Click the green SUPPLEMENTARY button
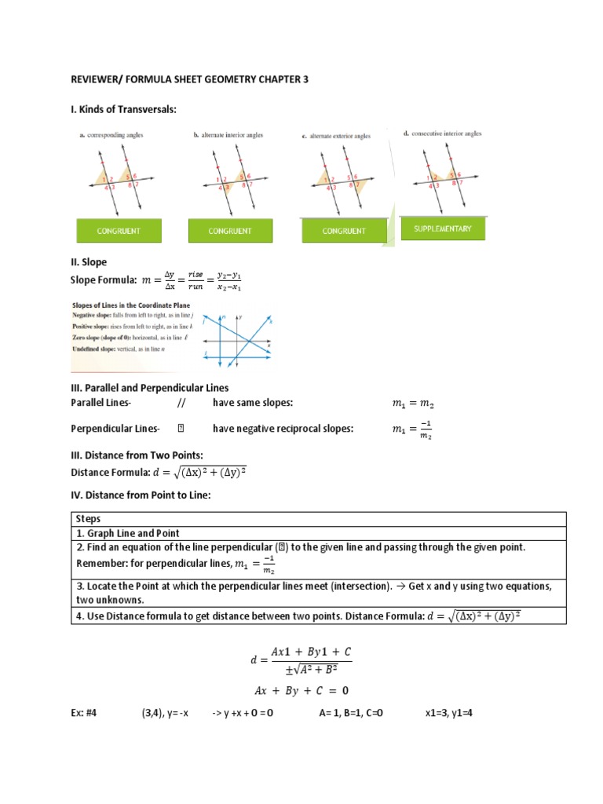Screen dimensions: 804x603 point(442,228)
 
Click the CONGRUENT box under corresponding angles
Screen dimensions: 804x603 point(119,231)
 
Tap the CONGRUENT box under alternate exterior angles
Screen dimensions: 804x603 point(343,231)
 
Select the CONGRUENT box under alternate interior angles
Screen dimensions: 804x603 point(230,231)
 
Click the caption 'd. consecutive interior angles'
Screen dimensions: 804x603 point(442,133)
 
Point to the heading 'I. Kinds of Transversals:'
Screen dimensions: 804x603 point(123,109)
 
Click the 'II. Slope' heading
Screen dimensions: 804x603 point(89,261)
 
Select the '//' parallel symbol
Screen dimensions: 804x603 point(180,403)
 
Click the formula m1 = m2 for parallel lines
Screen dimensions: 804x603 point(412,404)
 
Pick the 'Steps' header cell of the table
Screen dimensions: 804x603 point(88,519)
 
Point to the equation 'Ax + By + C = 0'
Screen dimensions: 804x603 point(301,691)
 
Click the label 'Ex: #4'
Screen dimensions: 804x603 point(86,714)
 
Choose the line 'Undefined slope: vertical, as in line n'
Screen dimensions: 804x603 point(119,348)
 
